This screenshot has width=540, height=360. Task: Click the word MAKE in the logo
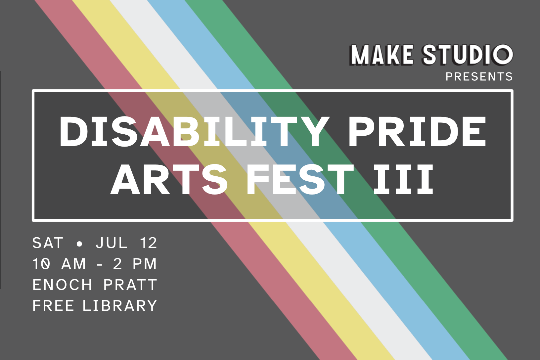(382, 55)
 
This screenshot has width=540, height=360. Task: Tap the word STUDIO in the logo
(468, 55)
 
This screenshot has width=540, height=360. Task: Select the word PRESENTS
(479, 77)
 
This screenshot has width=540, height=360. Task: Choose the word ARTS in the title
(169, 179)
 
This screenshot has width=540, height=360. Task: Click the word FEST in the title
(300, 179)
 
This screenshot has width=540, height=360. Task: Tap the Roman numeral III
(403, 179)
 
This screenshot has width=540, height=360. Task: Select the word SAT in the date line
(48, 243)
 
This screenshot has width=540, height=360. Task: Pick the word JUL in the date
(112, 243)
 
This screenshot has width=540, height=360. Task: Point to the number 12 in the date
(149, 243)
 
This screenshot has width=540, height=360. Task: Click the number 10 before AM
(41, 264)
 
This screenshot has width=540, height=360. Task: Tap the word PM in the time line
(145, 264)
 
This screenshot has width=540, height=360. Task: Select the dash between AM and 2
(99, 264)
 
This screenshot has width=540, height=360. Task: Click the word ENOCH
(62, 285)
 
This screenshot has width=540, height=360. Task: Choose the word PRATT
(130, 285)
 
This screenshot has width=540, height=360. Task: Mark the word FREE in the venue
(53, 305)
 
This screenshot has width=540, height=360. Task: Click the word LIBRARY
(120, 305)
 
